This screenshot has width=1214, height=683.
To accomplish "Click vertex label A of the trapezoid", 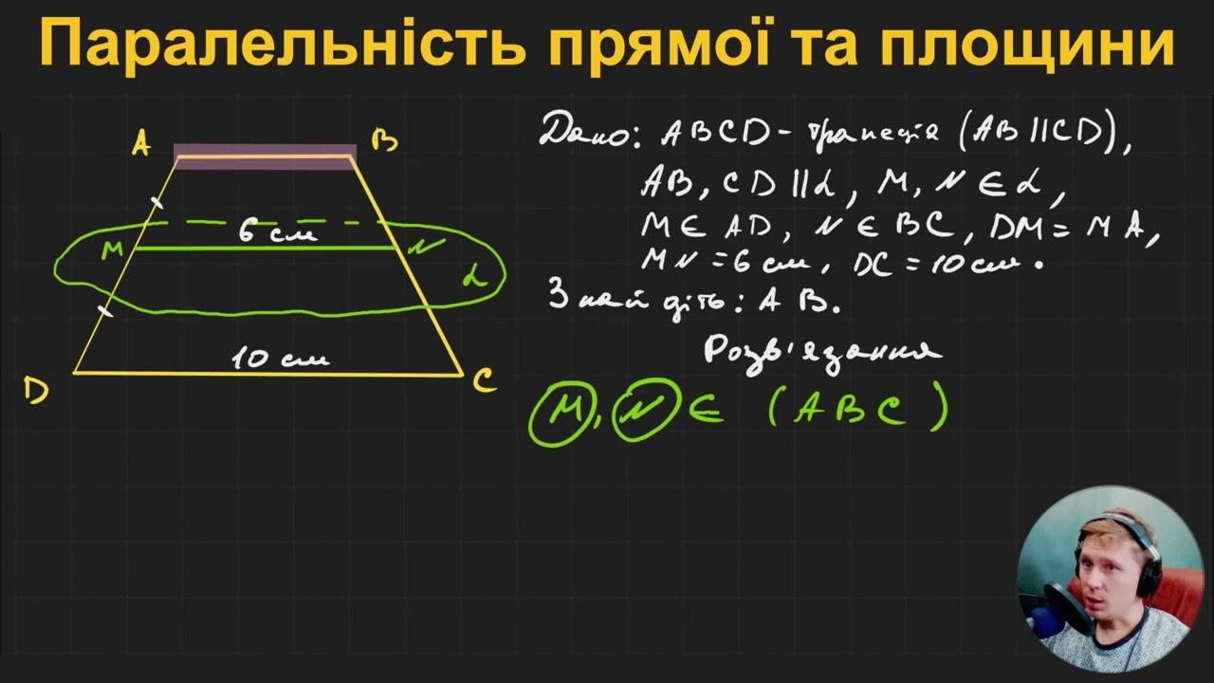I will (x=141, y=144).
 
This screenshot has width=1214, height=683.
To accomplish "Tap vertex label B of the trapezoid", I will (x=384, y=142).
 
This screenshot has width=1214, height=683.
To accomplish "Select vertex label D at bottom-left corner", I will (x=36, y=390).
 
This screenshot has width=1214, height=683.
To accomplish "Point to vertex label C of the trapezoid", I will (x=484, y=381).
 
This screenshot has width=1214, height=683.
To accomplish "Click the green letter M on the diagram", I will (x=113, y=250).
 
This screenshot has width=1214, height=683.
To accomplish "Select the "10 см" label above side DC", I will (x=281, y=359).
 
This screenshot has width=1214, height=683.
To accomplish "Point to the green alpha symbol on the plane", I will (x=474, y=277).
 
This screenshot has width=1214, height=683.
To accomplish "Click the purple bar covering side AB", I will (x=266, y=157).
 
